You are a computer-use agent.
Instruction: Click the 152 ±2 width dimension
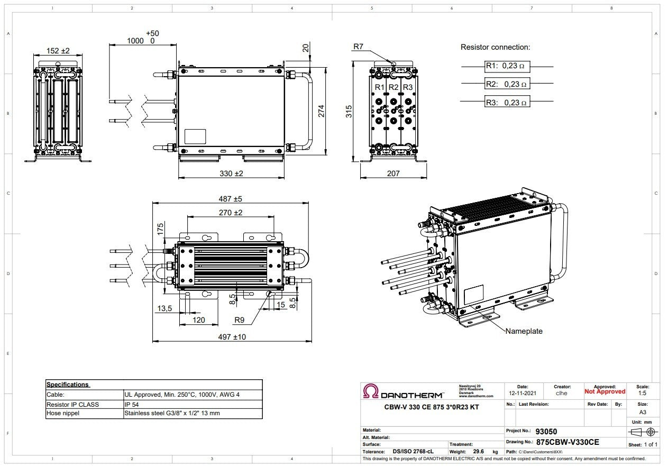tap(58, 51)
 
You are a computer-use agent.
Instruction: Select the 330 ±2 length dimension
tap(231, 173)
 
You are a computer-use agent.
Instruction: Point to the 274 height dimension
tap(321, 111)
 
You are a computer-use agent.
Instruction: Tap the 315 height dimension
tap(349, 111)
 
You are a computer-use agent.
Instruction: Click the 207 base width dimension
tap(393, 173)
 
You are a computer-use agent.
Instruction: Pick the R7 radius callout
tap(359, 47)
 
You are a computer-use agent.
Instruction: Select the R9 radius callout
tap(239, 320)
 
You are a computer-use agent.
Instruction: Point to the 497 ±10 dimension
tap(232, 337)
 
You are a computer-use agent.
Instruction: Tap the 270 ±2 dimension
tap(231, 213)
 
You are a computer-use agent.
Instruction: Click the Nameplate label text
tap(524, 331)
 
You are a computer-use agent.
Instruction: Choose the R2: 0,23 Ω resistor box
tap(507, 84)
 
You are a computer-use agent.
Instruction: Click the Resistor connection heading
tap(495, 47)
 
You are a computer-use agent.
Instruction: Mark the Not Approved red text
tap(605, 392)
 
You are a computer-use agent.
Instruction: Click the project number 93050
tap(546, 432)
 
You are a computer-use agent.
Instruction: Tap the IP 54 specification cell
tap(133, 404)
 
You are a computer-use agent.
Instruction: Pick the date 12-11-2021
tap(523, 393)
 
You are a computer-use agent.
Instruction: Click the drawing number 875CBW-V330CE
tap(568, 442)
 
